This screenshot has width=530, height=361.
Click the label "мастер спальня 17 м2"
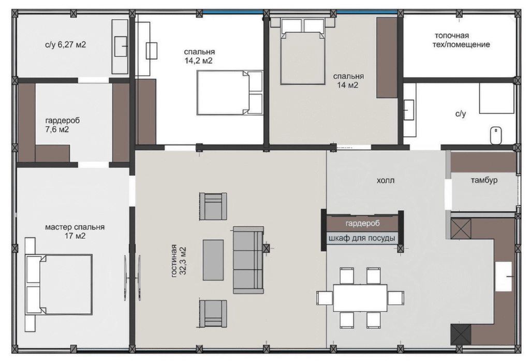[75, 232]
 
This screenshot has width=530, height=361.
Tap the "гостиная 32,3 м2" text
[179, 261]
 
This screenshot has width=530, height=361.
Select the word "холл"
[385, 180]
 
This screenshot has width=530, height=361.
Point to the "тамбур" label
[484, 180]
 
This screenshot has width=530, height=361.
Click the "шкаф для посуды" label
[362, 238]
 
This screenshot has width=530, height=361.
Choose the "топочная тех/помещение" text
[461, 40]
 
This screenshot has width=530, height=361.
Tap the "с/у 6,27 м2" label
[65, 45]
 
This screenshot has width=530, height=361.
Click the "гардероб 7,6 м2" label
[62, 125]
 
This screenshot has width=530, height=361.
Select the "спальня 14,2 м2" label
[199, 56]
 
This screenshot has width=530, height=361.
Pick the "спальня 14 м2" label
[348, 80]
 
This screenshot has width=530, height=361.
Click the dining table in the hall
[360, 298]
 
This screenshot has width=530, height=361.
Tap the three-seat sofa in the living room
[248, 260]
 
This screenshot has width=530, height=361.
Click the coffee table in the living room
[213, 260]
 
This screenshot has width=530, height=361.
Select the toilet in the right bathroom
[496, 135]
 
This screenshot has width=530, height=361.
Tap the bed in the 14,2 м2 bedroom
[230, 92]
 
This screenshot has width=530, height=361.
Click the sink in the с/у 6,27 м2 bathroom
[120, 46]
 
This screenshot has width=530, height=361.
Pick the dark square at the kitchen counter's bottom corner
[461, 334]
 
